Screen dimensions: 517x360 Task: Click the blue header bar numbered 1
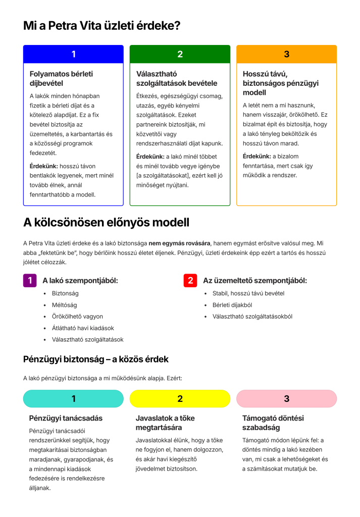[73, 54]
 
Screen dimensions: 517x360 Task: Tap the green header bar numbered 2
[180, 54]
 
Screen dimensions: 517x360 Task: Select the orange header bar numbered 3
[286, 54]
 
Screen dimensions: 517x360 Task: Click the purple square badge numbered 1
[30, 280]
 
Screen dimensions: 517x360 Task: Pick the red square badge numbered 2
[190, 280]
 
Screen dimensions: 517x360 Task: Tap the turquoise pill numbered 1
[73, 398]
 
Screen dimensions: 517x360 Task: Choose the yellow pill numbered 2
[180, 398]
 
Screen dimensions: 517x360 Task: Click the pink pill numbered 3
[286, 398]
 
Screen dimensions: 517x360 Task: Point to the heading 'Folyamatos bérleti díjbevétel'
[61, 78]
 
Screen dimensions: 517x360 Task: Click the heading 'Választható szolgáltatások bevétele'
[177, 78]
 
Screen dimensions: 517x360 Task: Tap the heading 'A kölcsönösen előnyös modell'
[106, 222]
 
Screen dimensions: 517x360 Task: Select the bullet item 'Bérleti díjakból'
[232, 305]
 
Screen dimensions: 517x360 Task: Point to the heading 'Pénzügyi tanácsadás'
[66, 418]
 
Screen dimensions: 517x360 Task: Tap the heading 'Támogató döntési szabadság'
[273, 423]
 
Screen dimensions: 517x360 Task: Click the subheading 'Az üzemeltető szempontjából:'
[254, 280]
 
